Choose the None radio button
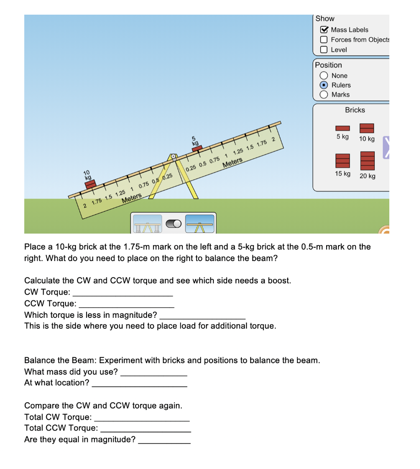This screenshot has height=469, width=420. click(x=324, y=76)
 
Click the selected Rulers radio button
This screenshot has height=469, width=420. click(x=324, y=85)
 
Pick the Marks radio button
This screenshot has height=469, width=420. click(x=324, y=95)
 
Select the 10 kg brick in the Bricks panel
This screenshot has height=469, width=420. click(x=367, y=128)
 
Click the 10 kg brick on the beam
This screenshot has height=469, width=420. click(x=90, y=184)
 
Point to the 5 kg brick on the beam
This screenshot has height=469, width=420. click(x=196, y=148)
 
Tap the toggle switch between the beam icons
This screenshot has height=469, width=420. click(x=174, y=224)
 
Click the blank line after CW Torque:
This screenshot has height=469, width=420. click(x=123, y=292)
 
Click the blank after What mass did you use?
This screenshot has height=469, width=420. click(x=153, y=372)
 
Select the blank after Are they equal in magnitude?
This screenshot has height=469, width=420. click(x=164, y=440)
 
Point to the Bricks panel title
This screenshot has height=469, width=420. click(x=355, y=110)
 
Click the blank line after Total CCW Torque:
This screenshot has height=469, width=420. click(x=145, y=428)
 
